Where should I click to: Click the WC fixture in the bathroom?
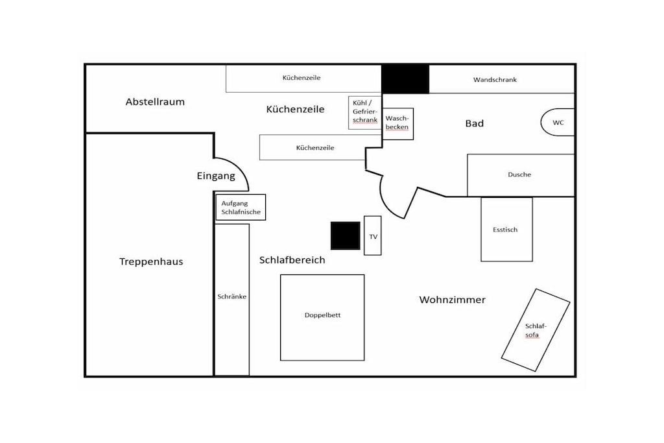(558, 123)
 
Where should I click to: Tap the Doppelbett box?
(322, 318)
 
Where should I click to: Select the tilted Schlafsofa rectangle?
(536, 330)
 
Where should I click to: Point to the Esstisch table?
(506, 229)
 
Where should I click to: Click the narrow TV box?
(373, 235)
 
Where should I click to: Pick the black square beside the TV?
(346, 235)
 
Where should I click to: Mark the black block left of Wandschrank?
(405, 78)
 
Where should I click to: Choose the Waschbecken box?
(397, 124)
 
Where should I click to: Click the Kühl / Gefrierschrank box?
(365, 113)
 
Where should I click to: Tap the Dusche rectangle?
(521, 175)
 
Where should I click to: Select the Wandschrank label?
(495, 80)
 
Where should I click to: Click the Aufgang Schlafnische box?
(241, 207)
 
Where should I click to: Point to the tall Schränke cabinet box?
(232, 300)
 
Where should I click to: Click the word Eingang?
(216, 176)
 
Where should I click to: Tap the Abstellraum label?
(155, 102)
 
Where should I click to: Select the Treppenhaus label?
(151, 262)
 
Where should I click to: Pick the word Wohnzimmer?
(452, 300)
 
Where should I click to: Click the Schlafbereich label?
(292, 260)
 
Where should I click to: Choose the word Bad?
(474, 123)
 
